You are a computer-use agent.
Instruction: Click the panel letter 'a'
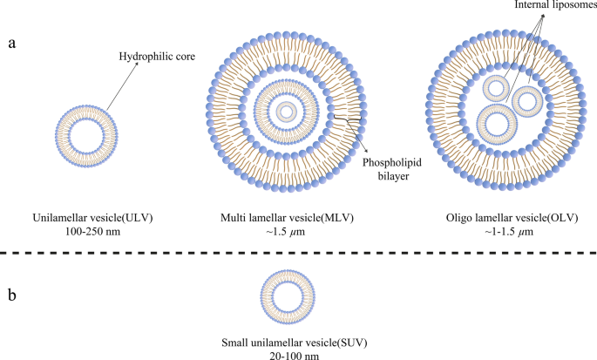[12, 44]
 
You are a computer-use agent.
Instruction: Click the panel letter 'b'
[12, 295]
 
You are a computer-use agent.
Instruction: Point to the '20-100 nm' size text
[295, 346]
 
